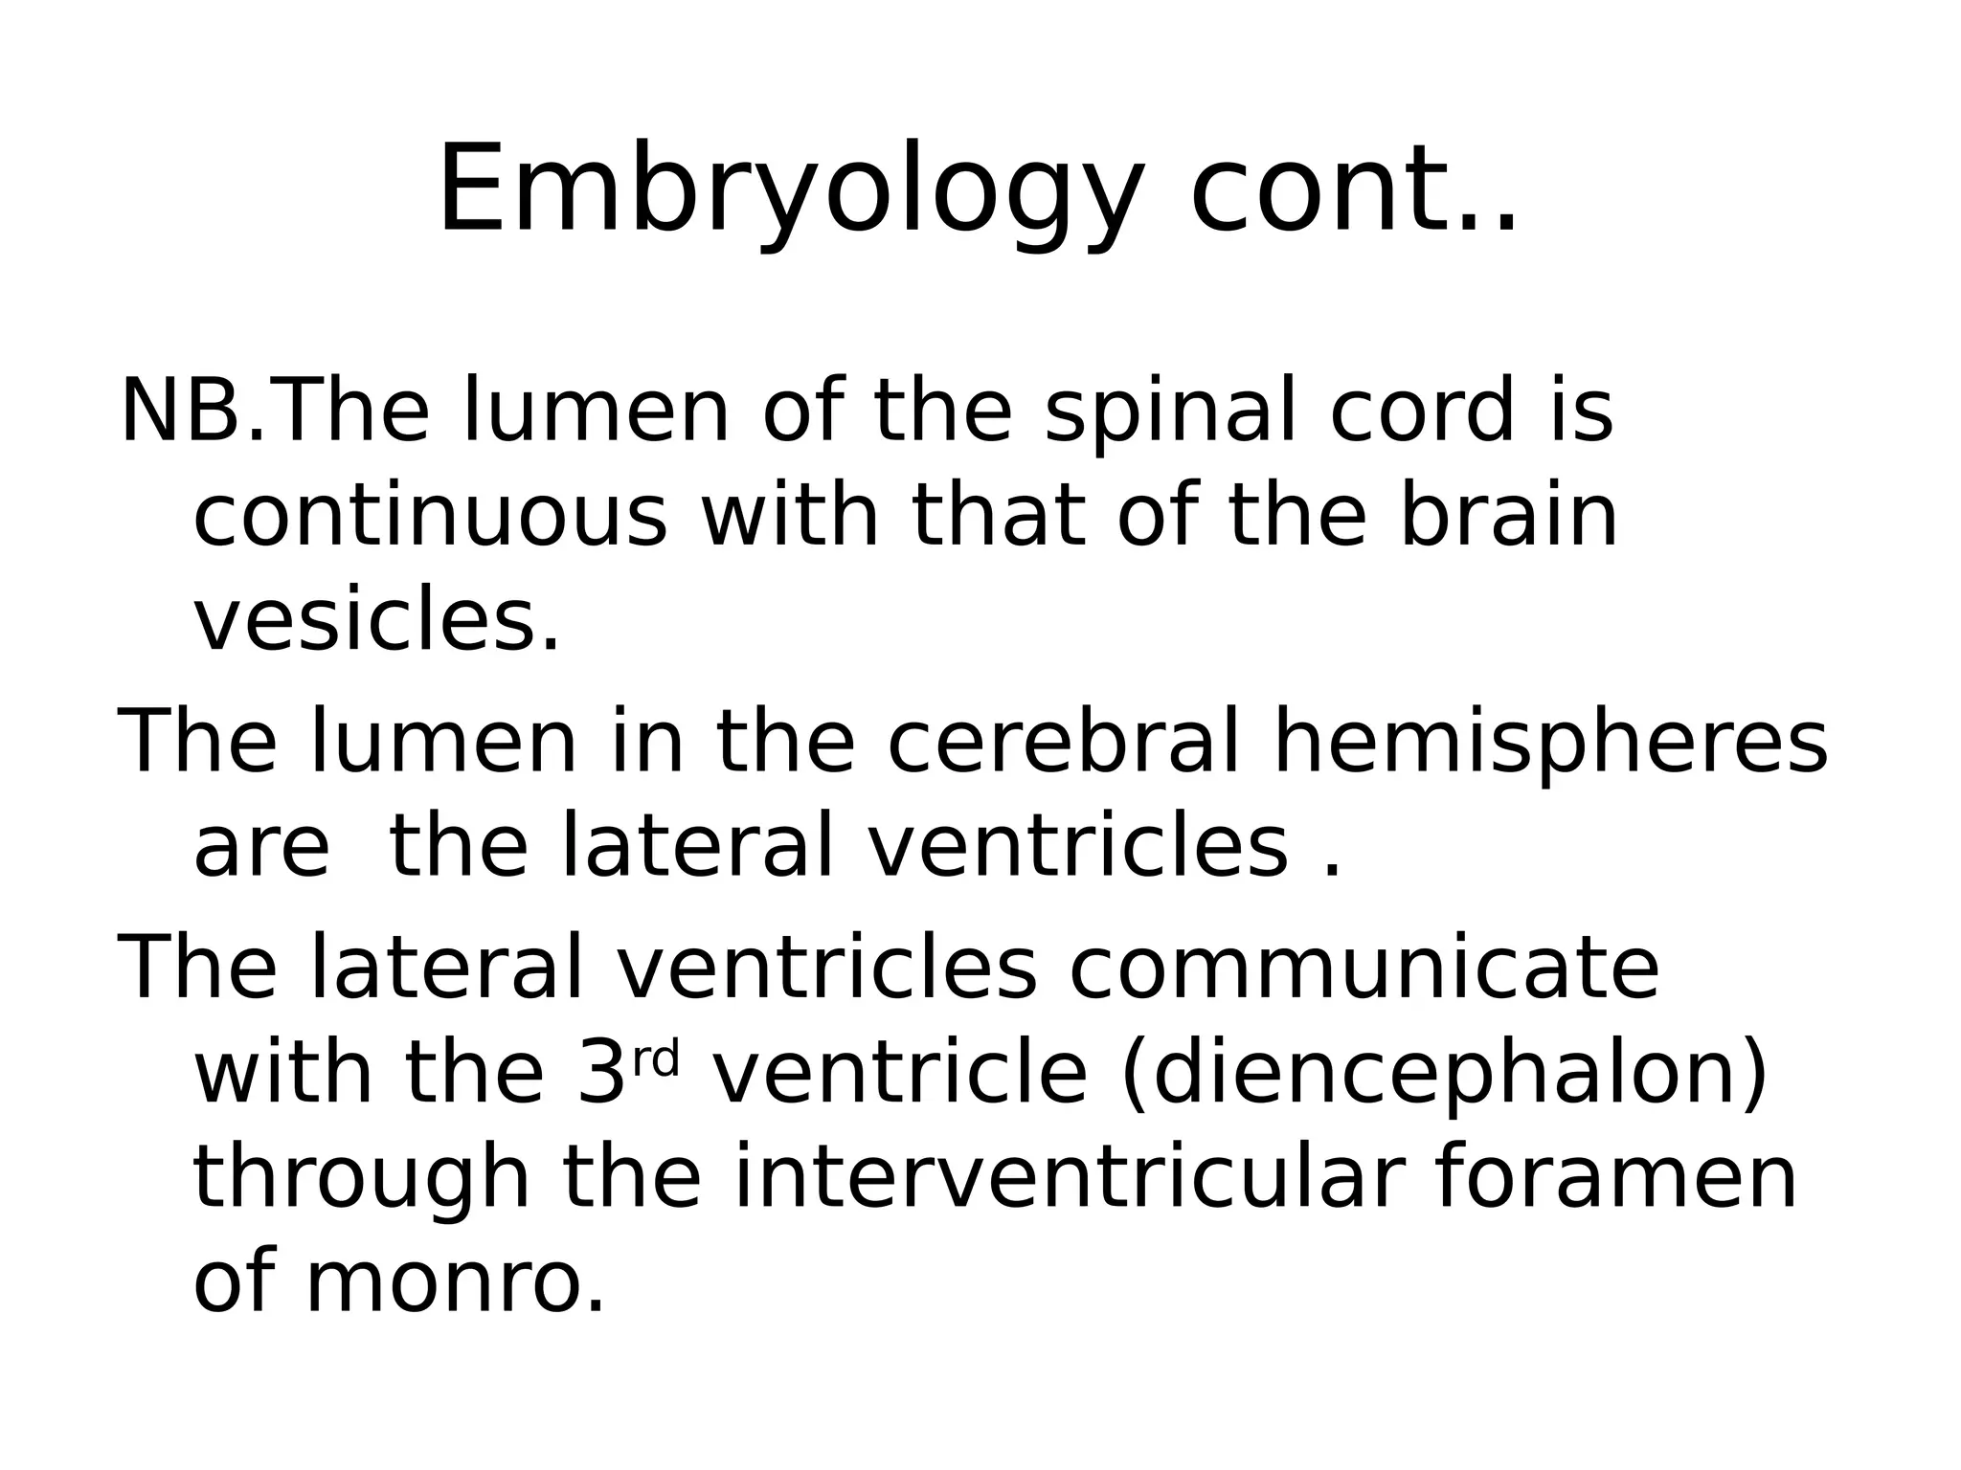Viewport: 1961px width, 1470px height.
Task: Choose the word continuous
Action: tap(430, 517)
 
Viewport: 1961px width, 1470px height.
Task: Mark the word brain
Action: tap(1509, 517)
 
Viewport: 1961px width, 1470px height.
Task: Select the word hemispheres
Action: tap(1550, 743)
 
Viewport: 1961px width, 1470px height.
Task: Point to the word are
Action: tap(261, 848)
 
